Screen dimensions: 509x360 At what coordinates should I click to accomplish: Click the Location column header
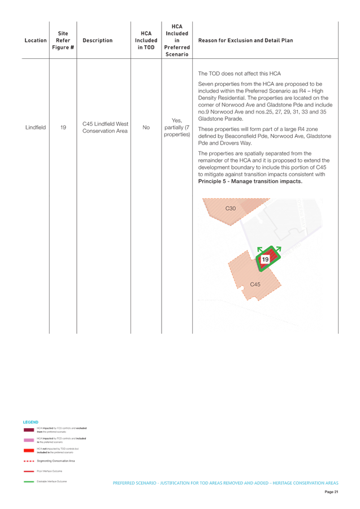(36, 41)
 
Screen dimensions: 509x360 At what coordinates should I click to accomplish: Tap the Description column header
(97, 41)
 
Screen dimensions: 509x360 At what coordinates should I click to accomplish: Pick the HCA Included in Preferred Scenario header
(176, 40)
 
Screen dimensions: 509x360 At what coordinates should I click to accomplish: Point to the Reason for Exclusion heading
(246, 41)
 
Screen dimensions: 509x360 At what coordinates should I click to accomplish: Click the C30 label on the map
(231, 208)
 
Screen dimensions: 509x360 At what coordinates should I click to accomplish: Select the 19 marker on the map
(266, 259)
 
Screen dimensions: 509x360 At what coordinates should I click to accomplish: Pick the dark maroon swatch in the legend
(29, 430)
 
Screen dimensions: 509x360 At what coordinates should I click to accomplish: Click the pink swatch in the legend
(29, 440)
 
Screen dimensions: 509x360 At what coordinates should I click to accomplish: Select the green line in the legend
(29, 481)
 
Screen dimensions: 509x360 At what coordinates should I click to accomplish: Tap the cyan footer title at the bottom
(225, 483)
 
